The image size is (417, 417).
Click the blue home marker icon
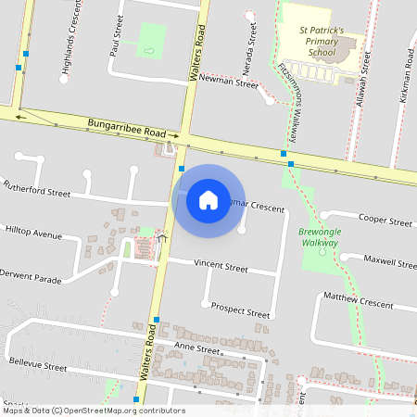click(208, 198)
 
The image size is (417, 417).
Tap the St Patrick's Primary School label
click(322, 42)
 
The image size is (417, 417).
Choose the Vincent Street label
click(221, 266)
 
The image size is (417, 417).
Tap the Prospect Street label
click(240, 310)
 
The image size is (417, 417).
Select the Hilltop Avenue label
click(34, 233)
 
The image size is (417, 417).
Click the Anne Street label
click(196, 349)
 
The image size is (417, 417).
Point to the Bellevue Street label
click(37, 367)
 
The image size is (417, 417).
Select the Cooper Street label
click(385, 221)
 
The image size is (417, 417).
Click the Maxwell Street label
click(390, 262)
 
